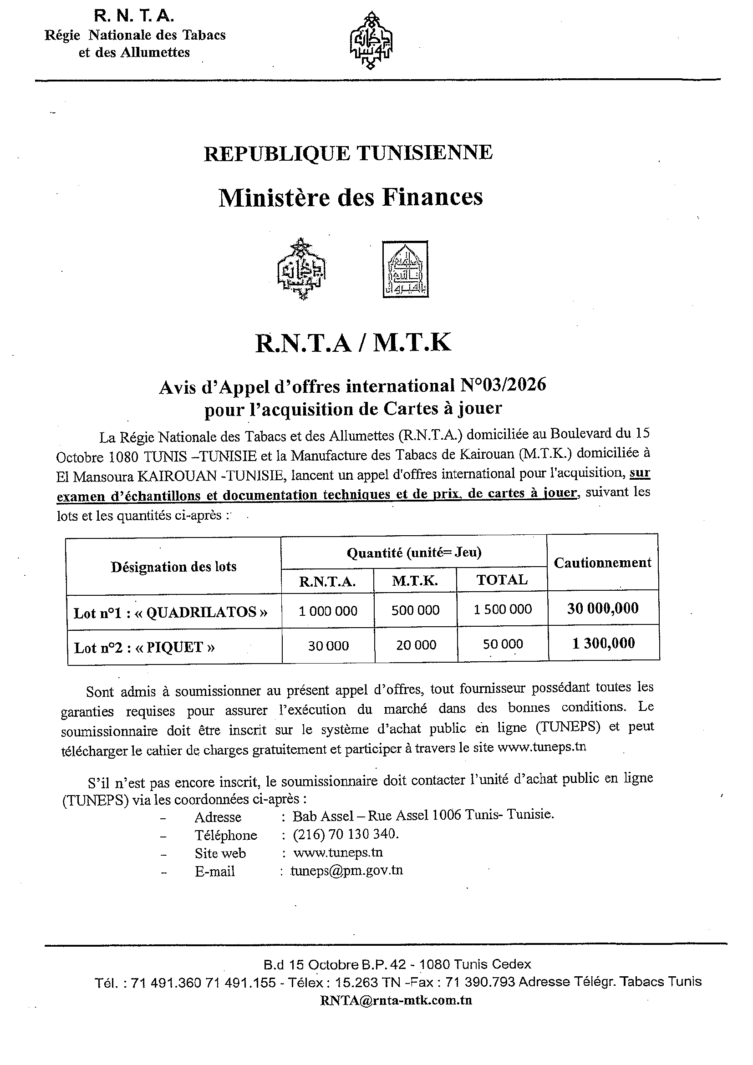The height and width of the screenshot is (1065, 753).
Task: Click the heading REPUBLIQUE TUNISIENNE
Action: coord(348,153)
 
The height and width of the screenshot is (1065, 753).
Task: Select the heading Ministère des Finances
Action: coord(351,197)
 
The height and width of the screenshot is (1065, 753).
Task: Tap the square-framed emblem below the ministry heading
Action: coord(405,269)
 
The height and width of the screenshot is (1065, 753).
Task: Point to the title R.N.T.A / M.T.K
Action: coord(353,343)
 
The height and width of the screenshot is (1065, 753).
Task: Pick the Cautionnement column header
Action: coord(602,563)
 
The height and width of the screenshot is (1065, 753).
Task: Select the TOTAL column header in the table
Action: coord(502,580)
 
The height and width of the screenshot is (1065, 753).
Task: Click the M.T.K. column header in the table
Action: coord(415,581)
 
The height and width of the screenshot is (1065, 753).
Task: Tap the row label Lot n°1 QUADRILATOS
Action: coord(171,613)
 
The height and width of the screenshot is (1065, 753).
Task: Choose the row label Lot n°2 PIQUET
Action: coord(144,648)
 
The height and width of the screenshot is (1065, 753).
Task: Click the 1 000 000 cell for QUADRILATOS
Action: coord(328,611)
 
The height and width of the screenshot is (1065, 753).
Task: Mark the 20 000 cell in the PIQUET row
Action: coord(416,645)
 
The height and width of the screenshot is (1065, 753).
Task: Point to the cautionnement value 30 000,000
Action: coord(603,608)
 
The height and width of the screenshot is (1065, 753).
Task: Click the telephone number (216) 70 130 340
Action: coord(346,834)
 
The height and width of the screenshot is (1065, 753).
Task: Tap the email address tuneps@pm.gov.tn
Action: coord(346,871)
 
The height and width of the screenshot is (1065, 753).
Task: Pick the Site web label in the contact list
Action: coord(220,853)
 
